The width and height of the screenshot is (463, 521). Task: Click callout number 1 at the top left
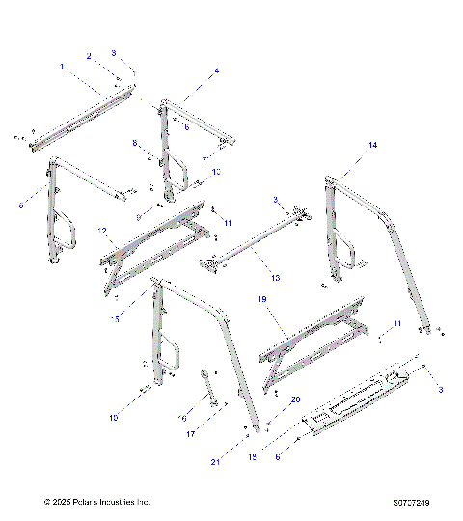pos(62,67)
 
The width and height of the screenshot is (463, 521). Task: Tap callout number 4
pos(216,70)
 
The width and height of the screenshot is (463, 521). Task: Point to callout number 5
pos(22,205)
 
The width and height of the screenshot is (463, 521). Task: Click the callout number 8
pos(135,143)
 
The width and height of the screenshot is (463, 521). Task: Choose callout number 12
pos(101,231)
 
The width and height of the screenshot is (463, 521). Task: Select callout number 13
pos(275,277)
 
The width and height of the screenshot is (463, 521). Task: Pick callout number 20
pos(269,398)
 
